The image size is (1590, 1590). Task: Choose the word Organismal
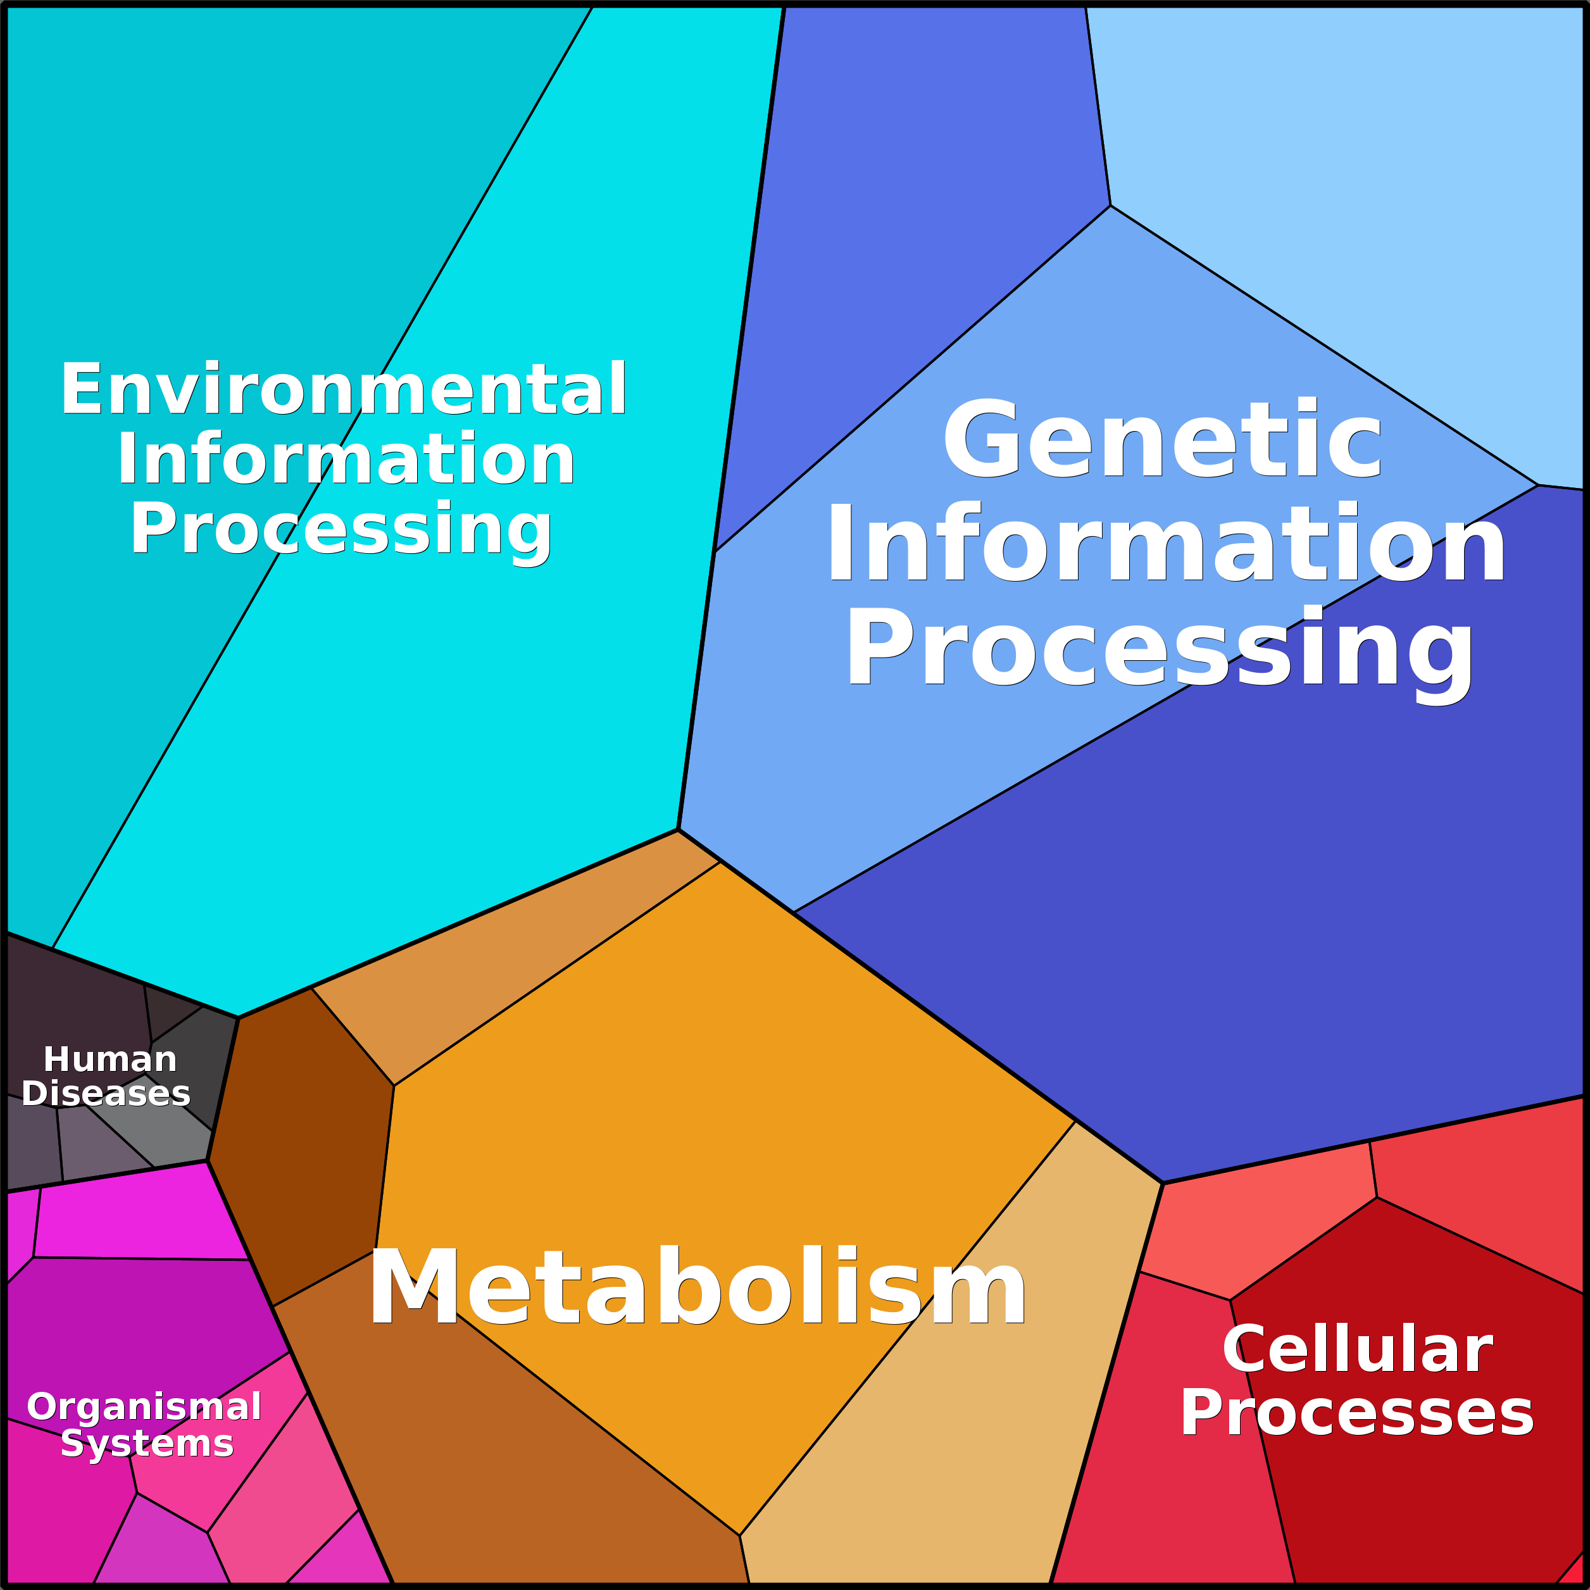tap(144, 1406)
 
